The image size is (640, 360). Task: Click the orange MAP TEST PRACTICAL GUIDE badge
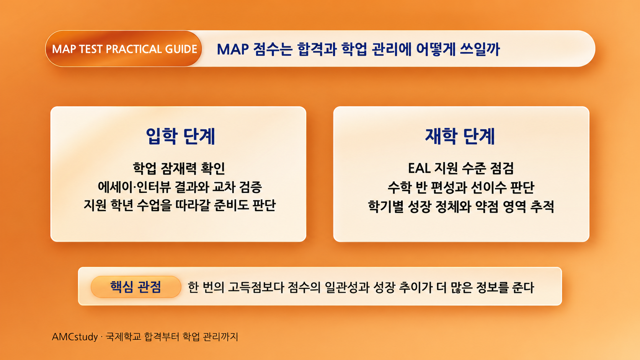pyautogui.click(x=123, y=49)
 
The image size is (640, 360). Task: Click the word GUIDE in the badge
pyautogui.click(x=181, y=49)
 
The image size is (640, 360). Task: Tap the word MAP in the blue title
pyautogui.click(x=233, y=49)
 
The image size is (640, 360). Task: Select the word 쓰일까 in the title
pyautogui.click(x=480, y=49)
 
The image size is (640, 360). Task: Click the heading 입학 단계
pyautogui.click(x=180, y=137)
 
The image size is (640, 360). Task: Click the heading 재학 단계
pyautogui.click(x=460, y=137)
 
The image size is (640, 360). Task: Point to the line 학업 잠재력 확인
pyautogui.click(x=179, y=168)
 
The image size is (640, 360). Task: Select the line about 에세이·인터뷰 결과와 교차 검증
pyautogui.click(x=180, y=187)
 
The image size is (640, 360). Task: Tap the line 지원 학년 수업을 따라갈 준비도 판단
pyautogui.click(x=180, y=205)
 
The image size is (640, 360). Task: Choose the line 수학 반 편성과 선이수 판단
pyautogui.click(x=460, y=187)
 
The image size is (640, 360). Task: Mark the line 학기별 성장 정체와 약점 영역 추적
pyautogui.click(x=461, y=206)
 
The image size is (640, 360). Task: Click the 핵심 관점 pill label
pyautogui.click(x=136, y=287)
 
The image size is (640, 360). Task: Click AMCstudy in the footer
pyautogui.click(x=75, y=337)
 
